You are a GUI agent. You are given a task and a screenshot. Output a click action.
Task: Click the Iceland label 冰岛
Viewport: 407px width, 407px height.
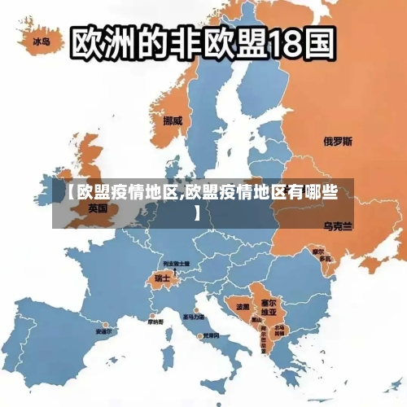[41, 40]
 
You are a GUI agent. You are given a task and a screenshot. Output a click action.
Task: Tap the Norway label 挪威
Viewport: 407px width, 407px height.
[173, 120]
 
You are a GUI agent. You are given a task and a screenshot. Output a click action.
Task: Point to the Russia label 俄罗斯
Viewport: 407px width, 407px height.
[338, 141]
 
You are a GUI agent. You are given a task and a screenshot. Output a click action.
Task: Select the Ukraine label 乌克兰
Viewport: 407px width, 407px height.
[338, 225]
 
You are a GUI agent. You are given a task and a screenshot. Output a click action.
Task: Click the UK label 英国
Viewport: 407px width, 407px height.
[98, 208]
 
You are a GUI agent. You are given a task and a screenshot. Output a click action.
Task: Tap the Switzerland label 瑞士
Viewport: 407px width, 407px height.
[162, 278]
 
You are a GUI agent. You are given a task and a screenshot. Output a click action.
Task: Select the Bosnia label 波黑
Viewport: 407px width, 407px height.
[243, 307]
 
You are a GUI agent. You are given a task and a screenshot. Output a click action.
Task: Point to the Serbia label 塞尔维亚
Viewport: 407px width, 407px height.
[268, 307]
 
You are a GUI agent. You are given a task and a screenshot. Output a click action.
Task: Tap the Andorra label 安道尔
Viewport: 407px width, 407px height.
[104, 331]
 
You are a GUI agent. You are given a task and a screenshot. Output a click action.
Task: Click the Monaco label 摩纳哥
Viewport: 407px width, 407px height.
[155, 322]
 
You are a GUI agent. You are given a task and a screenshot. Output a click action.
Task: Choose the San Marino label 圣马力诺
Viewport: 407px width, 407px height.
[194, 317]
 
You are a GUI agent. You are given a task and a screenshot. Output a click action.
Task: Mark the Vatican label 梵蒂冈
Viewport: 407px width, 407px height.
[211, 335]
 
